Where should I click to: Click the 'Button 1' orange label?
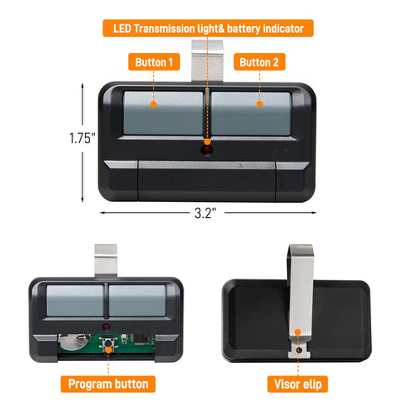(154, 61)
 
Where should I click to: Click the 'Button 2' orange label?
(259, 61)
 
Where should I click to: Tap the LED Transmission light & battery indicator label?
(208, 28)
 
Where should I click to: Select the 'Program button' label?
(108, 384)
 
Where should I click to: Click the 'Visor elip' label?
(298, 384)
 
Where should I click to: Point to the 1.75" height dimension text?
(82, 138)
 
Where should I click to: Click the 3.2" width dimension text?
(205, 213)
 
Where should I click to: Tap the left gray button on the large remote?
(163, 113)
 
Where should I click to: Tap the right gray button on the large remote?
(251, 114)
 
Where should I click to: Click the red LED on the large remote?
(207, 150)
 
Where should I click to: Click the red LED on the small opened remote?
(106, 327)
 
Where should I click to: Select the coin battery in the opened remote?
(73, 342)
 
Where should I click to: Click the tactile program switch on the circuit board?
(108, 343)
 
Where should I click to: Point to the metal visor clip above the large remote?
(207, 61)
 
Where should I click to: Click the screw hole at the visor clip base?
(299, 350)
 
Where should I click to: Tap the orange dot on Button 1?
(153, 104)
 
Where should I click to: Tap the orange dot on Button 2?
(260, 104)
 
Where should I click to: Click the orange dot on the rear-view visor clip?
(298, 332)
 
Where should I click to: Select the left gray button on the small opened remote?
(75, 300)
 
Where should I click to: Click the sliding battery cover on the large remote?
(207, 181)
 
